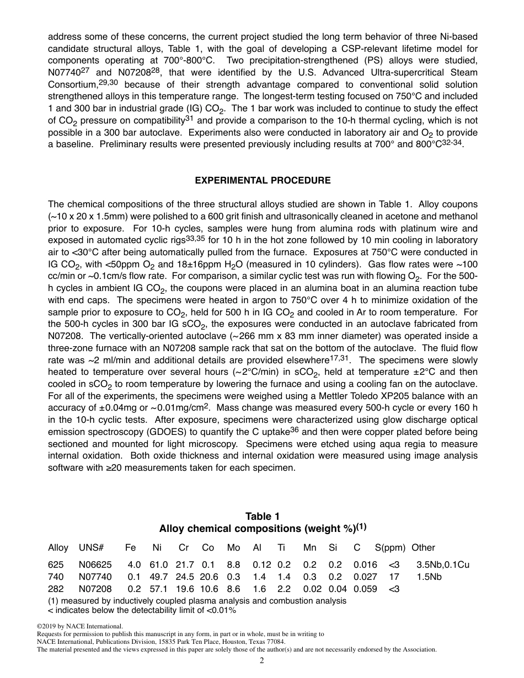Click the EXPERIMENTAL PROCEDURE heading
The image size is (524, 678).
[x=263, y=180]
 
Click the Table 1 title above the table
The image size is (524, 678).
[x=263, y=516]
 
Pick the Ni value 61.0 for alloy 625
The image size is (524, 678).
[x=159, y=564]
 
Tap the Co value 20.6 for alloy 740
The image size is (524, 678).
[x=208, y=577]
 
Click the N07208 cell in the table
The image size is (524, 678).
[x=95, y=589]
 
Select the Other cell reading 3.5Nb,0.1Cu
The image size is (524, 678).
[x=443, y=564]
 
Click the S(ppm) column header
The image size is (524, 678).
[x=390, y=547]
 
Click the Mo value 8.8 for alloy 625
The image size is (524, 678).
[x=233, y=564]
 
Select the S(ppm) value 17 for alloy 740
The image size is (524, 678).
[x=394, y=577]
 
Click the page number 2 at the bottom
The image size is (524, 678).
[x=262, y=661]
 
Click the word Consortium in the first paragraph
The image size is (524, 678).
[x=72, y=84]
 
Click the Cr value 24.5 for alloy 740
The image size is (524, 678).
[x=184, y=577]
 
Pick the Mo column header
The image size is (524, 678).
[x=233, y=547]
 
